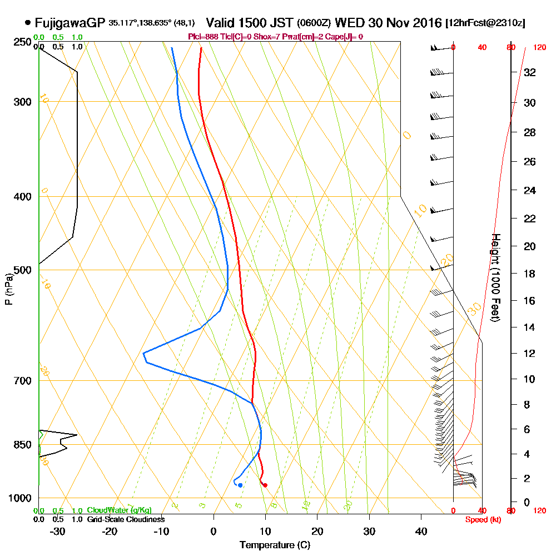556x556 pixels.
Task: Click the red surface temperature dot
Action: click(x=265, y=485)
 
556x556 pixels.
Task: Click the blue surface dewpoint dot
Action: click(x=240, y=485)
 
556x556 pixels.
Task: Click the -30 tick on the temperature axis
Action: click(x=57, y=532)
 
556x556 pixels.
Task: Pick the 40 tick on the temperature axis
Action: click(x=421, y=532)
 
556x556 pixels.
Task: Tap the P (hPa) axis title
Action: click(x=8, y=289)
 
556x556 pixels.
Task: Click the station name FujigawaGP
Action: click(x=69, y=23)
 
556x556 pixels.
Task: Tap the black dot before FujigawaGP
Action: click(x=28, y=23)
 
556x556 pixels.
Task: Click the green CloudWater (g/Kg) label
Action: click(x=119, y=510)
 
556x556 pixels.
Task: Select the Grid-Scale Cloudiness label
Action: click(x=126, y=519)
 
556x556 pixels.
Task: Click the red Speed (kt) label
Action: click(x=482, y=519)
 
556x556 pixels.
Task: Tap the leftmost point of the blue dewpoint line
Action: click(x=143, y=353)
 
